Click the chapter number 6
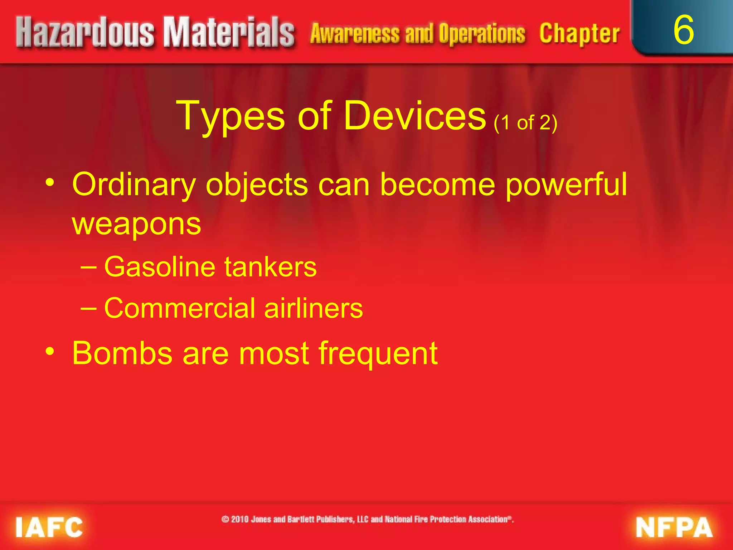tap(683, 30)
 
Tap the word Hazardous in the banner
tap(85, 33)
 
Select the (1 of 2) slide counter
tap(525, 123)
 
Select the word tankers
tap(271, 267)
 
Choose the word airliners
tap(314, 308)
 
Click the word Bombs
tap(122, 353)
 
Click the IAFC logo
tap(49, 527)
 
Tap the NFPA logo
tap(674, 527)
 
